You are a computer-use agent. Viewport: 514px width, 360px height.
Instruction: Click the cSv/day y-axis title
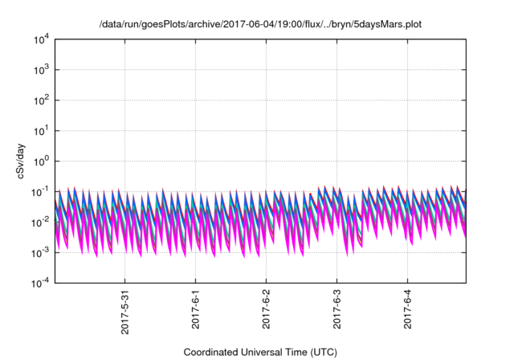(x=23, y=160)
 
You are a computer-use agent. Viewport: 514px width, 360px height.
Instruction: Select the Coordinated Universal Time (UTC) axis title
(x=259, y=352)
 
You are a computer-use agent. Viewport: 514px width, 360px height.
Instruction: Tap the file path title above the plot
(x=259, y=25)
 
